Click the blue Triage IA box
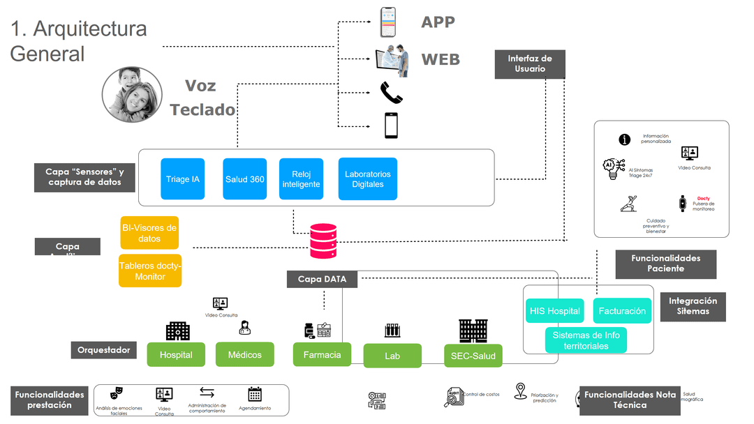click(183, 179)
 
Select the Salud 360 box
click(244, 179)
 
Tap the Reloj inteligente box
click(301, 179)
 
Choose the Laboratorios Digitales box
click(367, 179)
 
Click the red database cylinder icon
click(323, 241)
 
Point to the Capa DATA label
click(322, 279)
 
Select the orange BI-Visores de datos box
click(149, 232)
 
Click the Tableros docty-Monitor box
click(150, 271)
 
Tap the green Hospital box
click(176, 355)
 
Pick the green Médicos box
click(244, 355)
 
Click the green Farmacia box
click(322, 355)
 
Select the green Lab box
click(392, 356)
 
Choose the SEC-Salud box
click(473, 356)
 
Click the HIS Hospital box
click(555, 311)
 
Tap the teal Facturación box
click(622, 311)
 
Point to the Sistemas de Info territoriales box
click(586, 340)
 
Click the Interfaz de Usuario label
click(530, 63)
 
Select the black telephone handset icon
click(390, 91)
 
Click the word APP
click(438, 22)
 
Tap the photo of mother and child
click(133, 94)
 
